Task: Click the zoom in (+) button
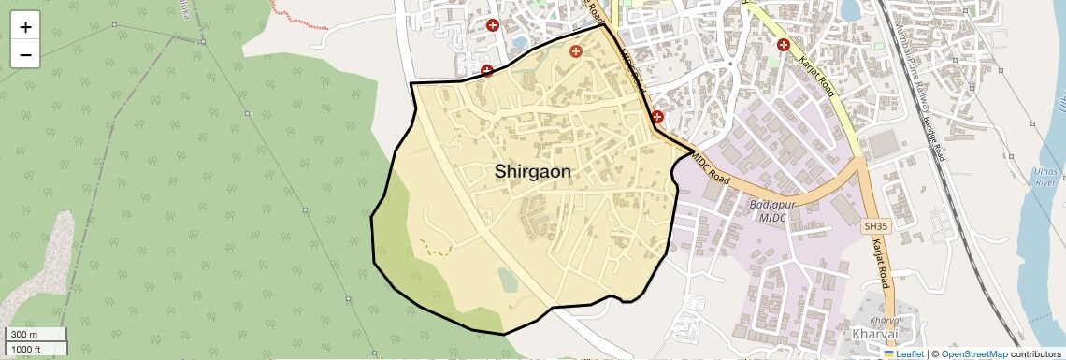tap(25, 27)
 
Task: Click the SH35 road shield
tap(874, 226)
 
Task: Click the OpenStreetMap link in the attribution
tap(973, 354)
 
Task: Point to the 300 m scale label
tap(24, 335)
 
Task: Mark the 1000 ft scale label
tap(26, 349)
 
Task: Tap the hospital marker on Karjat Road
tap(784, 44)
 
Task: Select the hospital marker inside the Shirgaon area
tap(576, 51)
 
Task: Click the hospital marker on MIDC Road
tap(657, 117)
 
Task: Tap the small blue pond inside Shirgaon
tap(507, 279)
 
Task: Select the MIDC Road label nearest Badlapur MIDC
tap(711, 169)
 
